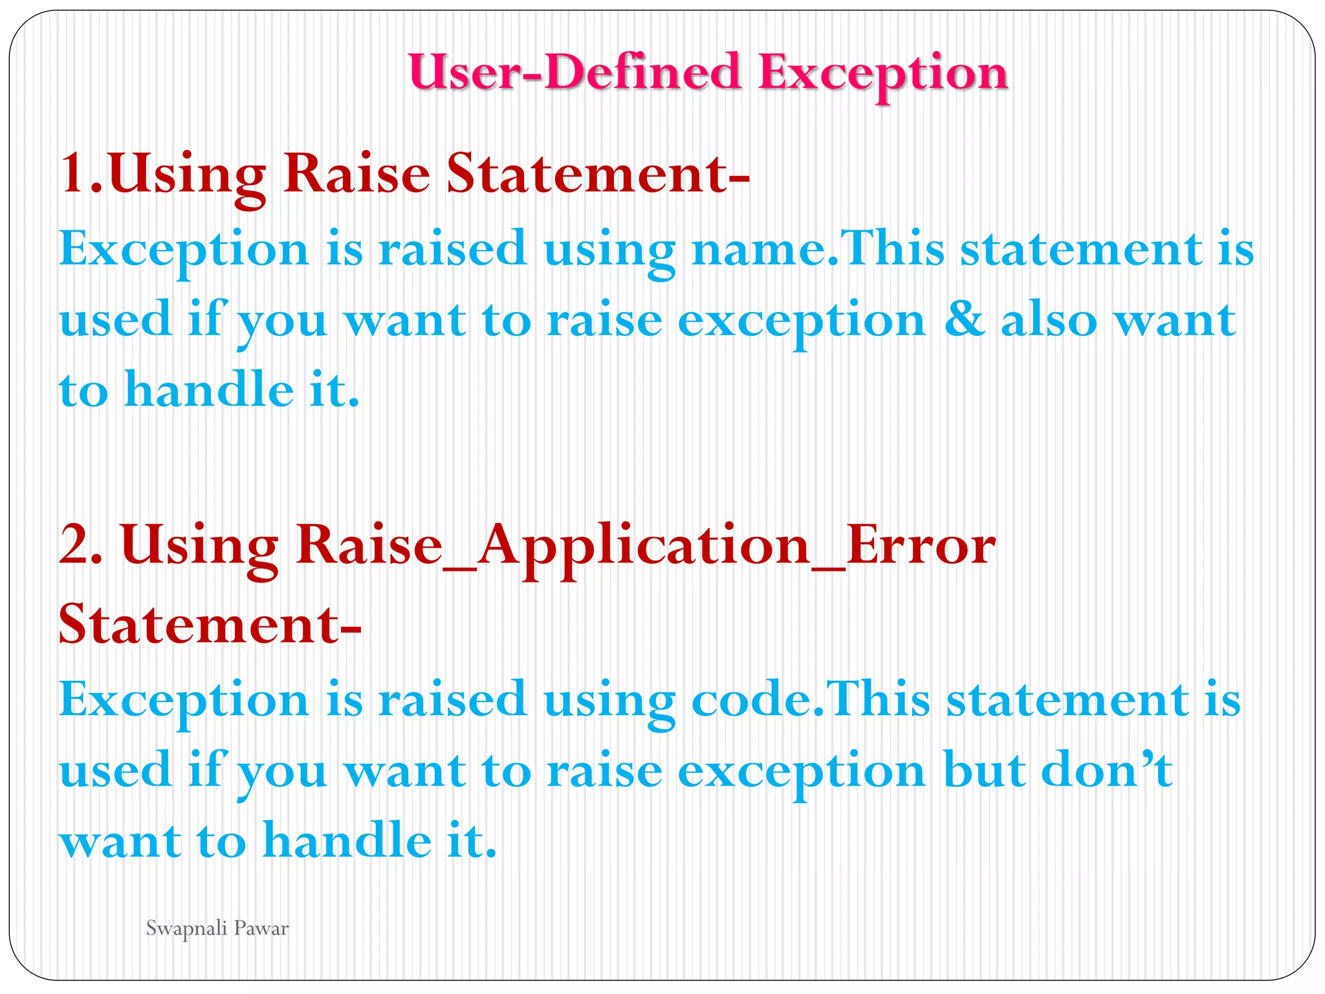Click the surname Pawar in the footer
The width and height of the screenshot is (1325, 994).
[261, 929]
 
